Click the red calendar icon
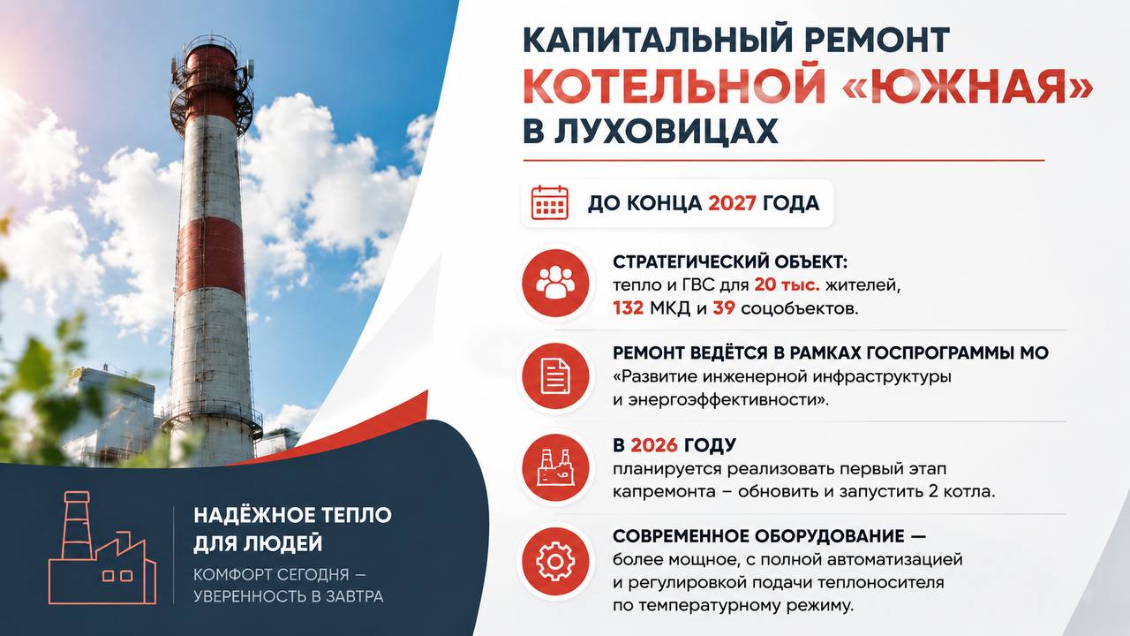(x=550, y=203)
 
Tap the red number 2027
(x=732, y=203)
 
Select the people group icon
(x=555, y=283)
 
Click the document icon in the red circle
(x=555, y=375)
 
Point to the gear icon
(x=555, y=561)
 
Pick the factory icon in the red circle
(x=555, y=467)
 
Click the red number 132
(x=628, y=308)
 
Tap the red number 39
(x=724, y=308)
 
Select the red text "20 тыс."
(x=787, y=285)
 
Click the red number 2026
(x=654, y=445)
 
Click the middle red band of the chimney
(x=211, y=260)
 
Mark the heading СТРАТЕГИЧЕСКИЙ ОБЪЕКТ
(x=730, y=262)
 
